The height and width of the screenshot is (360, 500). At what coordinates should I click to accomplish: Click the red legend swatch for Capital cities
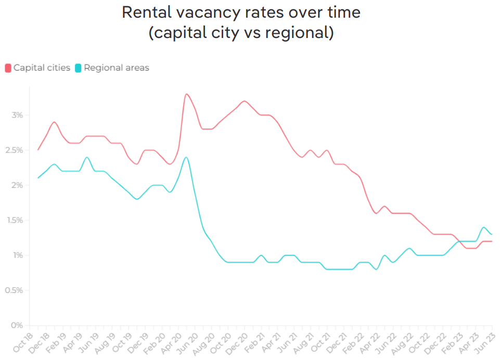(x=8, y=68)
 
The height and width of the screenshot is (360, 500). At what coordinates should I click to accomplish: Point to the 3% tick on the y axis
(x=18, y=115)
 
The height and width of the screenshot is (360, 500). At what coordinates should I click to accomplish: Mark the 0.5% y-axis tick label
(x=15, y=290)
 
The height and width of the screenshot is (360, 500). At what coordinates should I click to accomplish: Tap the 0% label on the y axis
(x=19, y=326)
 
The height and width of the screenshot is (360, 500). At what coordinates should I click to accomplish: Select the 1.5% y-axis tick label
(x=15, y=220)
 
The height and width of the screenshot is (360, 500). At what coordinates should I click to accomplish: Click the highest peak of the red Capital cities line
(x=186, y=94)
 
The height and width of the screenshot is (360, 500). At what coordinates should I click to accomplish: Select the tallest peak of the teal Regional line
(x=186, y=157)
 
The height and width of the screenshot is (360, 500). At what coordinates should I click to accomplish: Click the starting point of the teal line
(x=38, y=178)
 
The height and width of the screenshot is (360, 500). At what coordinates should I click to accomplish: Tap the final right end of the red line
(x=492, y=241)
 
